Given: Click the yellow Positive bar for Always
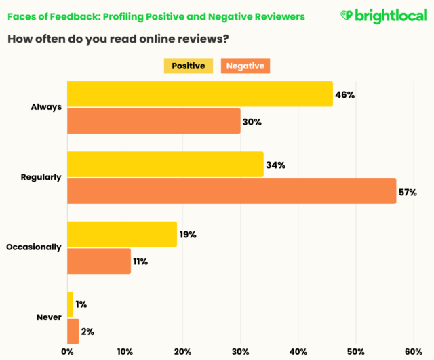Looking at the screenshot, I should (x=199, y=94).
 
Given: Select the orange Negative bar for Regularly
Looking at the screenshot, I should (x=231, y=191).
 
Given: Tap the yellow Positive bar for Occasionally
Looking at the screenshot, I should (x=121, y=234).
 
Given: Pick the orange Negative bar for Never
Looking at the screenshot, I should (x=73, y=332).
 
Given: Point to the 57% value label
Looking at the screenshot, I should (x=408, y=192).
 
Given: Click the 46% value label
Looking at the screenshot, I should (x=345, y=95).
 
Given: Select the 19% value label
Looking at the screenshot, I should (x=188, y=235).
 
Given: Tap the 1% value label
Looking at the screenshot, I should (x=81, y=305).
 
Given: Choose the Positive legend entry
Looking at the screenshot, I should (x=189, y=66).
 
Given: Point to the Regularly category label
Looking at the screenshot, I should (x=41, y=178).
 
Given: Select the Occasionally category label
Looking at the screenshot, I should (x=34, y=247).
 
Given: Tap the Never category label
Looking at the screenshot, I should (x=48, y=317).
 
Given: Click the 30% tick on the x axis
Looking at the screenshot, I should (x=240, y=351).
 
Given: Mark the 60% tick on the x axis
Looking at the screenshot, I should (x=413, y=351).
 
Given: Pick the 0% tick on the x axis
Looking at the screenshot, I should (x=67, y=351).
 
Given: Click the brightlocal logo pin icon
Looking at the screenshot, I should (x=347, y=15).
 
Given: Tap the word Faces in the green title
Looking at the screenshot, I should (x=22, y=16).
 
